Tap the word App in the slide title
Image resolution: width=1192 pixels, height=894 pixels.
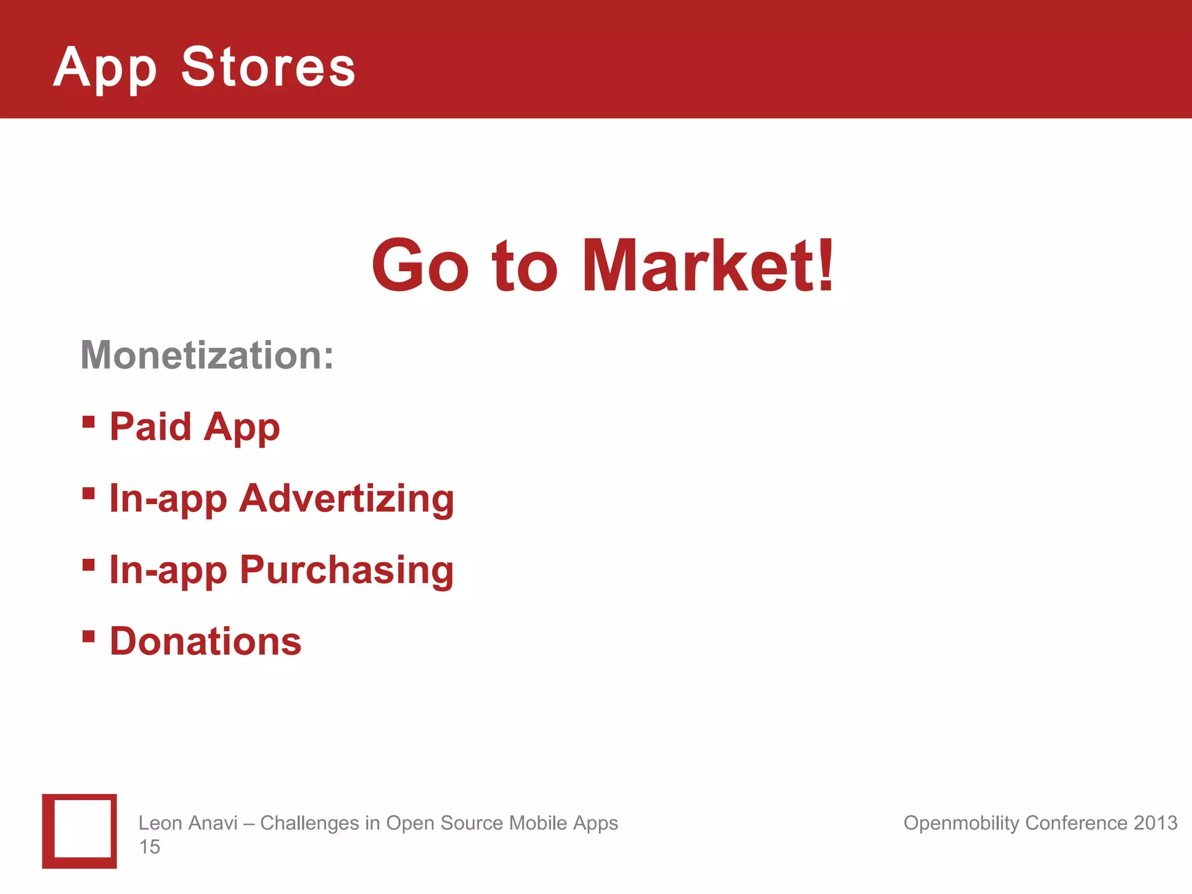[105, 69]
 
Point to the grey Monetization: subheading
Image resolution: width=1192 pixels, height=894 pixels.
[207, 355]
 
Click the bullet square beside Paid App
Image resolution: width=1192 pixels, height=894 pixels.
[88, 421]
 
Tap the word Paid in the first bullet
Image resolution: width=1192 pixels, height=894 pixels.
[151, 427]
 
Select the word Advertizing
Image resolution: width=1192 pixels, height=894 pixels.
[347, 499]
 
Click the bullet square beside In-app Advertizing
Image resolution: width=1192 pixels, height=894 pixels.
[88, 494]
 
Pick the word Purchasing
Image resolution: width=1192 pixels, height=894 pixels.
[347, 570]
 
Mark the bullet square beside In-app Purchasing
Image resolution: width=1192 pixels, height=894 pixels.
[88, 565]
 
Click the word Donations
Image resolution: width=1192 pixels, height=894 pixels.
[205, 641]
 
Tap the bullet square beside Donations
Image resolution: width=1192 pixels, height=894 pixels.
[88, 636]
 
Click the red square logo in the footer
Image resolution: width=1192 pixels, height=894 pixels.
[80, 831]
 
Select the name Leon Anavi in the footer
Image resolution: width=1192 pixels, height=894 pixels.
[188, 823]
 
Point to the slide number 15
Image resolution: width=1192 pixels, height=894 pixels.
[150, 847]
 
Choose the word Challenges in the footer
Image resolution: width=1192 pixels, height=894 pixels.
[309, 823]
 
